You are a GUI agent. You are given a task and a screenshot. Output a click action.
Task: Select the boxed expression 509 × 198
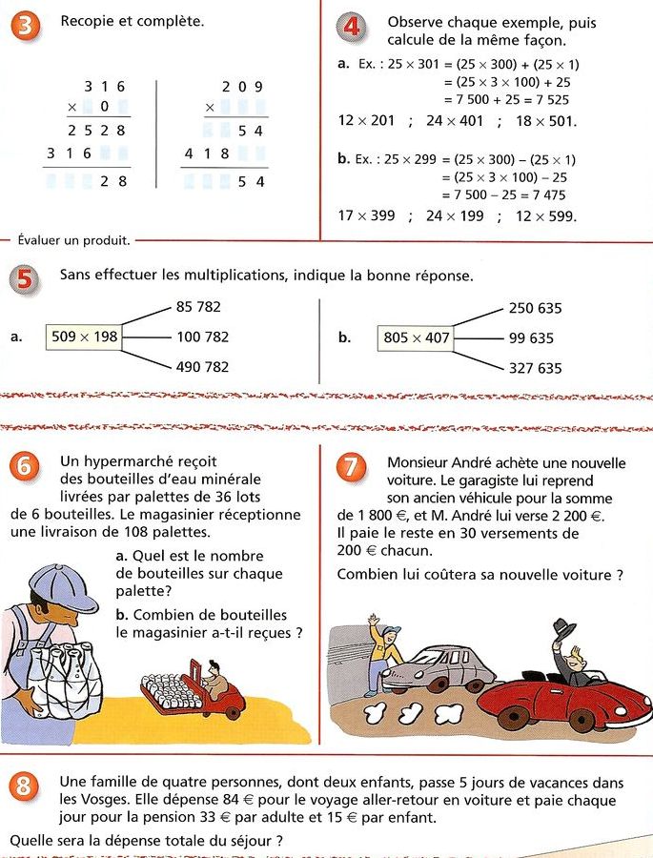click(85, 337)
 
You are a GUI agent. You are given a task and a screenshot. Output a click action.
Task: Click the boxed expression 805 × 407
click(417, 337)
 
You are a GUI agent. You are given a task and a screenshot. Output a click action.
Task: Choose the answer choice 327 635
click(535, 368)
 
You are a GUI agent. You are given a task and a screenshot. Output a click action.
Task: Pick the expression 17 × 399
click(367, 215)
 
